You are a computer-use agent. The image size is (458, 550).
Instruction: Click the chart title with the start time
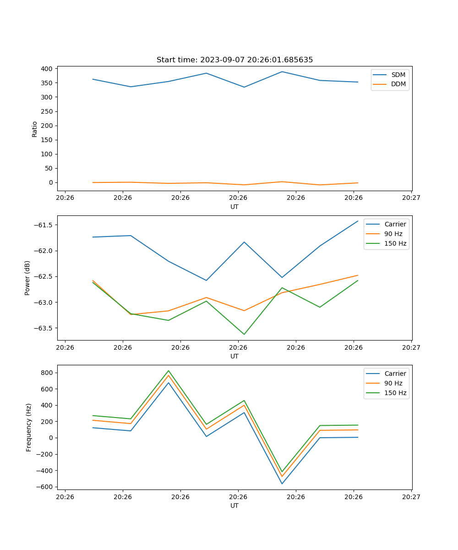[x=234, y=60]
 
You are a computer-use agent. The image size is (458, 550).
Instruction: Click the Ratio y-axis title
[x=35, y=129]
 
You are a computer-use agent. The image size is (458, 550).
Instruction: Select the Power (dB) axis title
[x=27, y=278]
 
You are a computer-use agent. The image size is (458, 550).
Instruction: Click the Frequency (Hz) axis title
[x=28, y=427]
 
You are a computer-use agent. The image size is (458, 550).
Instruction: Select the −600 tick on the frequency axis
[x=45, y=487]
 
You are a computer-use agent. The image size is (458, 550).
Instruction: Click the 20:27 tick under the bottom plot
[x=411, y=496]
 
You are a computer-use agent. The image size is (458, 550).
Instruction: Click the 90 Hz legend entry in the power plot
[x=393, y=234]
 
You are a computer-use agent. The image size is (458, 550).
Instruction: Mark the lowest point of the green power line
[x=244, y=334]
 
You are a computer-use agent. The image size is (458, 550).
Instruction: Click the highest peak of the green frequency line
[x=169, y=371]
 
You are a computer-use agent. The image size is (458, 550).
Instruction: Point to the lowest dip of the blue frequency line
[x=282, y=484]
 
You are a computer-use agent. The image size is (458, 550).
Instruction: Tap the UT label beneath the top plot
[x=234, y=207]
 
